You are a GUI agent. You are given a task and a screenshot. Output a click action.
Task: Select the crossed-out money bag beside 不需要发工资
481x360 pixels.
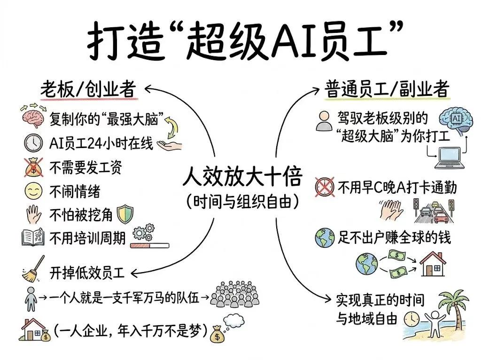[32, 166]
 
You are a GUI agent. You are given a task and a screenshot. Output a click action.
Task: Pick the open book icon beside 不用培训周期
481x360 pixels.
[32, 237]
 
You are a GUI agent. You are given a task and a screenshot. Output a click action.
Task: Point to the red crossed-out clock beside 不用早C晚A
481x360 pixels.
[325, 188]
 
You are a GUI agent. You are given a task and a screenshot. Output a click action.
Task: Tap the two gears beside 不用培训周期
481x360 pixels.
[144, 231]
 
